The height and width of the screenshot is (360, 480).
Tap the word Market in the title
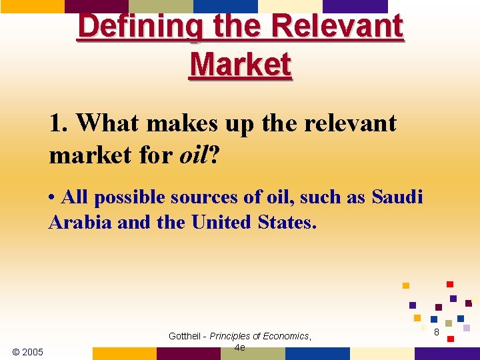[240, 65]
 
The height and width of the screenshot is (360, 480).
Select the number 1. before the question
[59, 123]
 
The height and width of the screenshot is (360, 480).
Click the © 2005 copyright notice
[27, 352]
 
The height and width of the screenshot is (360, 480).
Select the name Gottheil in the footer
[187, 337]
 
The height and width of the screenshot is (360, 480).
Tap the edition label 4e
[240, 347]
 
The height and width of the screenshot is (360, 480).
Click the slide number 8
[436, 332]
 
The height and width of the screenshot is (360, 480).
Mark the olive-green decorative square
[449, 323]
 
